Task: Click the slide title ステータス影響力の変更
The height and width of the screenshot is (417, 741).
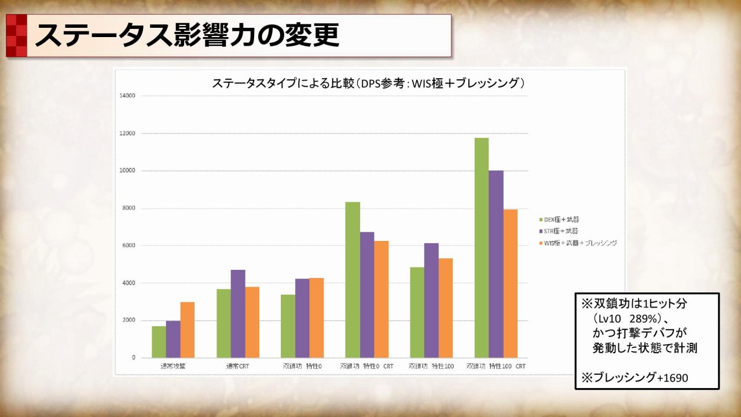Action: pyautogui.click(x=186, y=36)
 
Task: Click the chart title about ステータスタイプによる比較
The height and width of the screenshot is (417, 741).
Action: pyautogui.click(x=369, y=83)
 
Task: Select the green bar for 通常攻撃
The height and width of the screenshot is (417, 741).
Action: pyautogui.click(x=159, y=342)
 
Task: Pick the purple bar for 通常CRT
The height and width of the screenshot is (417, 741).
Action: pyautogui.click(x=238, y=313)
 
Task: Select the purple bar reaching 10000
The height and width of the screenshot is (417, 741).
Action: pyautogui.click(x=496, y=264)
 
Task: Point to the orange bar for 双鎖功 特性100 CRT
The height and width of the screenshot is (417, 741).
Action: pyautogui.click(x=510, y=283)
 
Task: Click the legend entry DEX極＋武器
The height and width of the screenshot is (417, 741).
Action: pyautogui.click(x=559, y=220)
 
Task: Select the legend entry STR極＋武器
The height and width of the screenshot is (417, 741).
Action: pyautogui.click(x=559, y=231)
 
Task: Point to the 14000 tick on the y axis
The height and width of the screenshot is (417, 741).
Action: pyautogui.click(x=127, y=96)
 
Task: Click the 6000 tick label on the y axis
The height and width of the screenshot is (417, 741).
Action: pyautogui.click(x=128, y=246)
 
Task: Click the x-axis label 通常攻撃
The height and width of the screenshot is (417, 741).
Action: pyautogui.click(x=173, y=367)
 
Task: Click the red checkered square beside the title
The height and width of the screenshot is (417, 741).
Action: pyautogui.click(x=17, y=36)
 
